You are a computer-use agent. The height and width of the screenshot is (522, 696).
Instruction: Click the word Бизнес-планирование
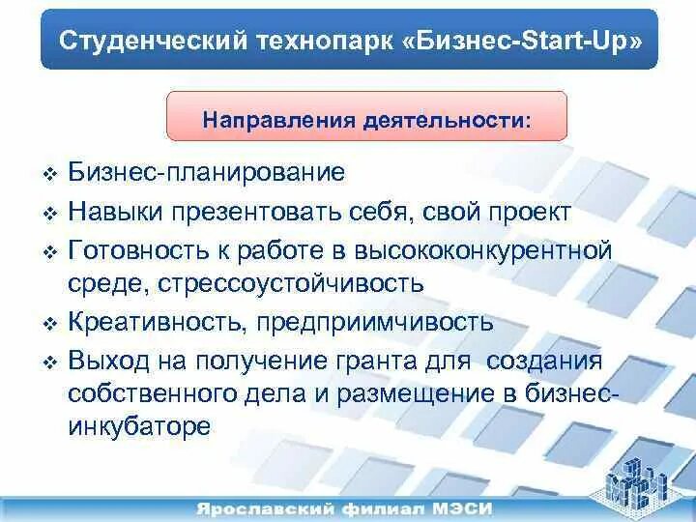coord(207,174)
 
